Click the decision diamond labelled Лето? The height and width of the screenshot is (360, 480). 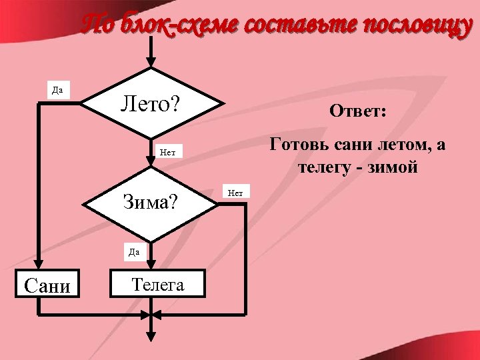tap(151, 104)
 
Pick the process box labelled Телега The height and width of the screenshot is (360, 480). tap(157, 285)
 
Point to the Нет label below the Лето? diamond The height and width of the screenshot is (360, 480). tap(167, 152)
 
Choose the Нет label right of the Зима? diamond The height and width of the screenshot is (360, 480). tap(235, 193)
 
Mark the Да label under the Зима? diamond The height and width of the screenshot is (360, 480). tap(133, 251)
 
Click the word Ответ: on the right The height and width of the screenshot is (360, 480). tap(357, 112)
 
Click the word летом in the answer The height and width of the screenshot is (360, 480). tap(397, 145)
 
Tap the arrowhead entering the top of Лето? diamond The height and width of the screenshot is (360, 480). tap(151, 61)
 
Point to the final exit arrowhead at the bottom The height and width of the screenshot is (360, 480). tap(151, 334)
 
